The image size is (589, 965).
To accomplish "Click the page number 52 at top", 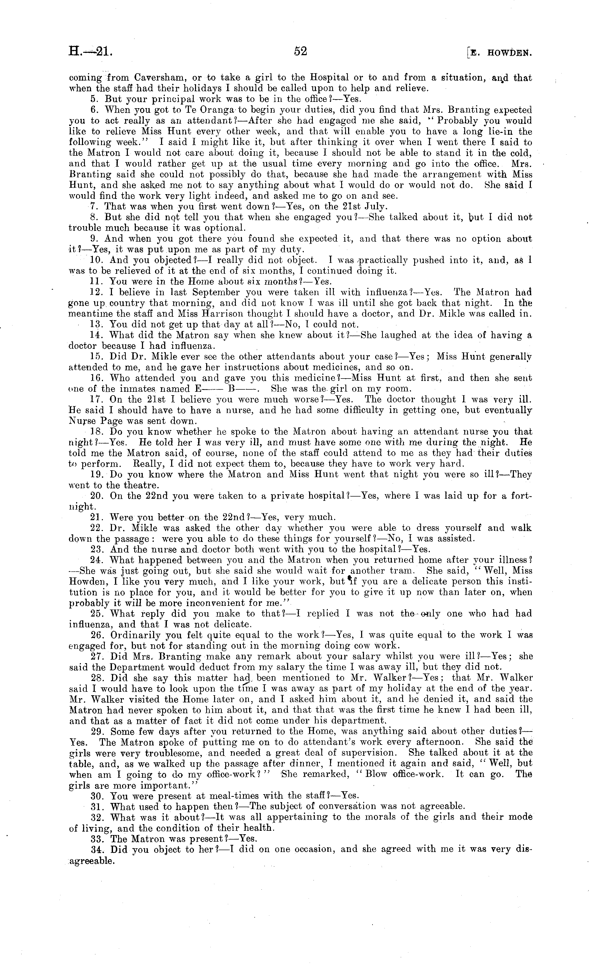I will click(x=300, y=51).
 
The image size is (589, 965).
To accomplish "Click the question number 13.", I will click(x=96, y=324).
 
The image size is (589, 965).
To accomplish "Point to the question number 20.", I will click(x=96, y=496).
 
